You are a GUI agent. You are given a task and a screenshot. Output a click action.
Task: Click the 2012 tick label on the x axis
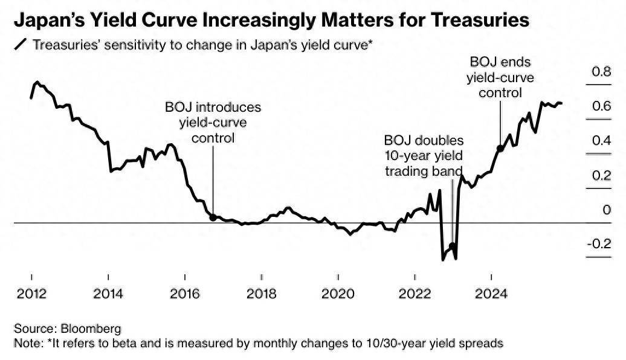click(31, 294)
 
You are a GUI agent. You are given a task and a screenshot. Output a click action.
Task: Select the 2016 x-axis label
click(185, 294)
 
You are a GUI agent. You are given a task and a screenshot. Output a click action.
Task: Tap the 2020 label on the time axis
click(338, 294)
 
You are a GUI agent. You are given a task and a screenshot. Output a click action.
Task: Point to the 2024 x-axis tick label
click(492, 294)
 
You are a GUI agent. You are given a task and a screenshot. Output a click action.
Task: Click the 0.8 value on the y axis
click(602, 72)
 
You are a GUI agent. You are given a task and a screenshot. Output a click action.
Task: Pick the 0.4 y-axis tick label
click(602, 141)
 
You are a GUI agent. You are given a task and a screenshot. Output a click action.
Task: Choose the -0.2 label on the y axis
click(601, 244)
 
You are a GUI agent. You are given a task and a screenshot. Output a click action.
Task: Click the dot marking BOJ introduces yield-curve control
click(212, 217)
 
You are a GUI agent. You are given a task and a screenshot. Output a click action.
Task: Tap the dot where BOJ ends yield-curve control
click(500, 148)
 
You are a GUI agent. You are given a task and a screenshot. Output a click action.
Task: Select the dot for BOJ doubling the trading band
click(452, 246)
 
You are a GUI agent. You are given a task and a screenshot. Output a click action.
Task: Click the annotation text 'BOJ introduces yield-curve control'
click(213, 123)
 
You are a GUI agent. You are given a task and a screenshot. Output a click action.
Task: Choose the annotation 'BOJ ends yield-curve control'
click(500, 77)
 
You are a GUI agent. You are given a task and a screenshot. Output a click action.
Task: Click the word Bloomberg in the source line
click(91, 329)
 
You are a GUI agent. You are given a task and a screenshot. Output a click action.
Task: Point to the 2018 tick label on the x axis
click(262, 294)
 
